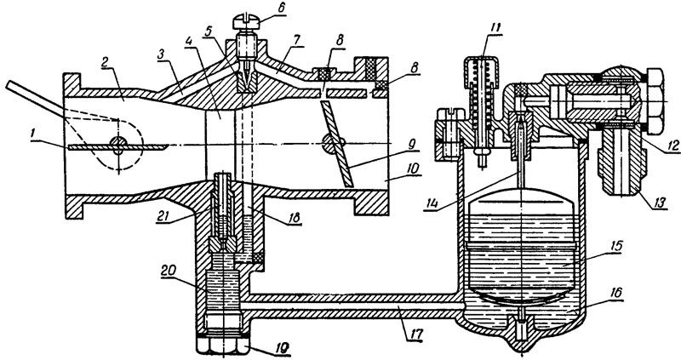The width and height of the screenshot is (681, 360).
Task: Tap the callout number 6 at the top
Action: [x=282, y=9]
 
